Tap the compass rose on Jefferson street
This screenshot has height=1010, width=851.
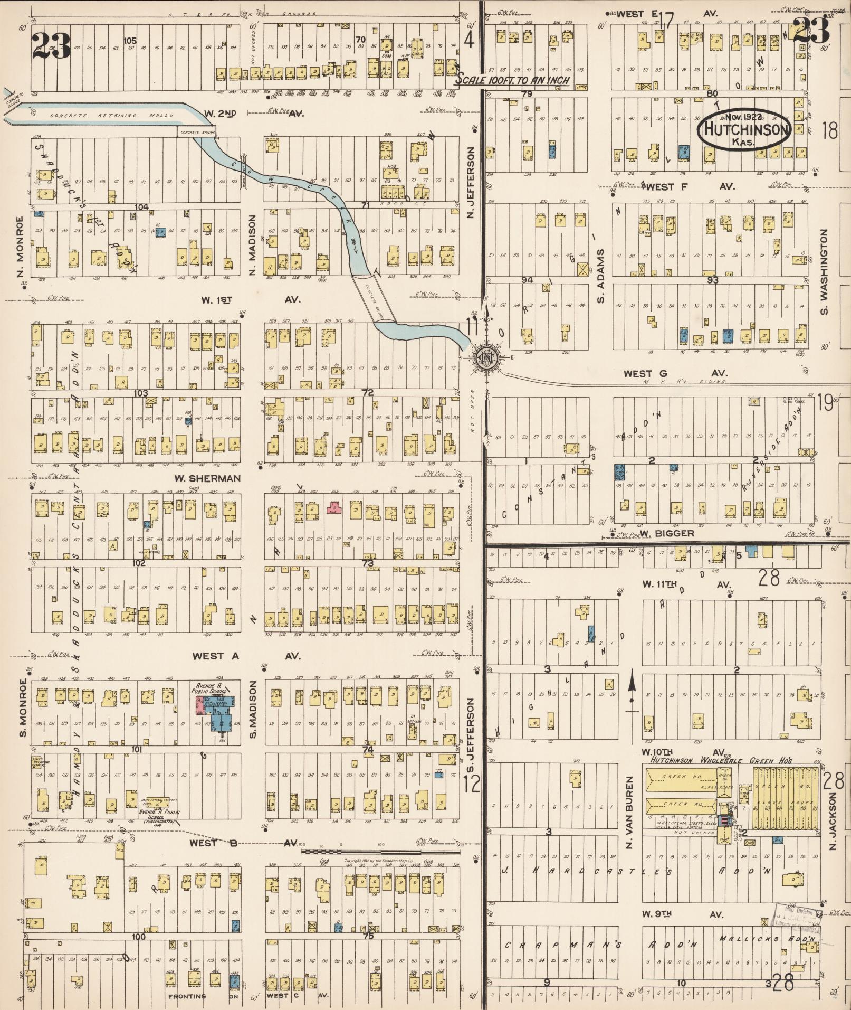coord(484,357)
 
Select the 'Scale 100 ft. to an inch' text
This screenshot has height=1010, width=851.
coord(513,80)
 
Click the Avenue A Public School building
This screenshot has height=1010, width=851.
coord(217,713)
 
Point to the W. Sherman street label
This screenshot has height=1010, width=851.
coord(207,478)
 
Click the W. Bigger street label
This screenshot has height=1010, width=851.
coord(667,533)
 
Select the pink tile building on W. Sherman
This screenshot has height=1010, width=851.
coord(333,508)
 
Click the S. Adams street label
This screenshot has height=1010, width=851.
coord(600,276)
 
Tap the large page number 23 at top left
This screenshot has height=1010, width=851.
coord(51,45)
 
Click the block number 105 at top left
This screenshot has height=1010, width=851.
coord(130,40)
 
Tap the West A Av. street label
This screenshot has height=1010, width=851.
coord(246,656)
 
